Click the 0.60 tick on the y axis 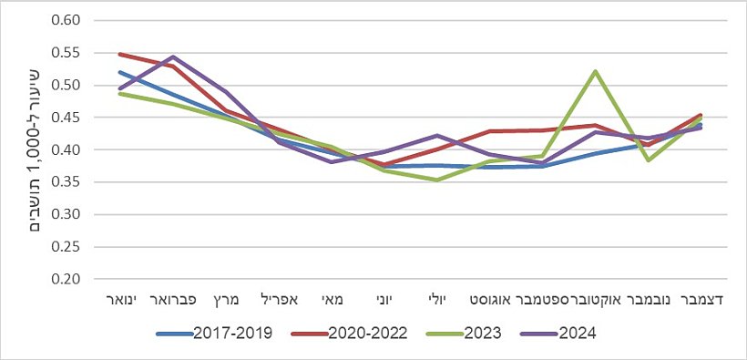(67, 20)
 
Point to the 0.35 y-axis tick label (67, 182)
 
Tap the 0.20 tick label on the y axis (67, 279)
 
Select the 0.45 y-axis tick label (67, 118)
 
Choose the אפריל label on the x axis (280, 299)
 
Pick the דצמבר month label (701, 299)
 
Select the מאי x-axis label (332, 299)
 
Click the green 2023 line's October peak (596, 71)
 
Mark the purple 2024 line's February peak (172, 57)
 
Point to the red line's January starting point (119, 54)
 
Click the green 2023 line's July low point (437, 180)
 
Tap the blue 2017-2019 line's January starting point (119, 72)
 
